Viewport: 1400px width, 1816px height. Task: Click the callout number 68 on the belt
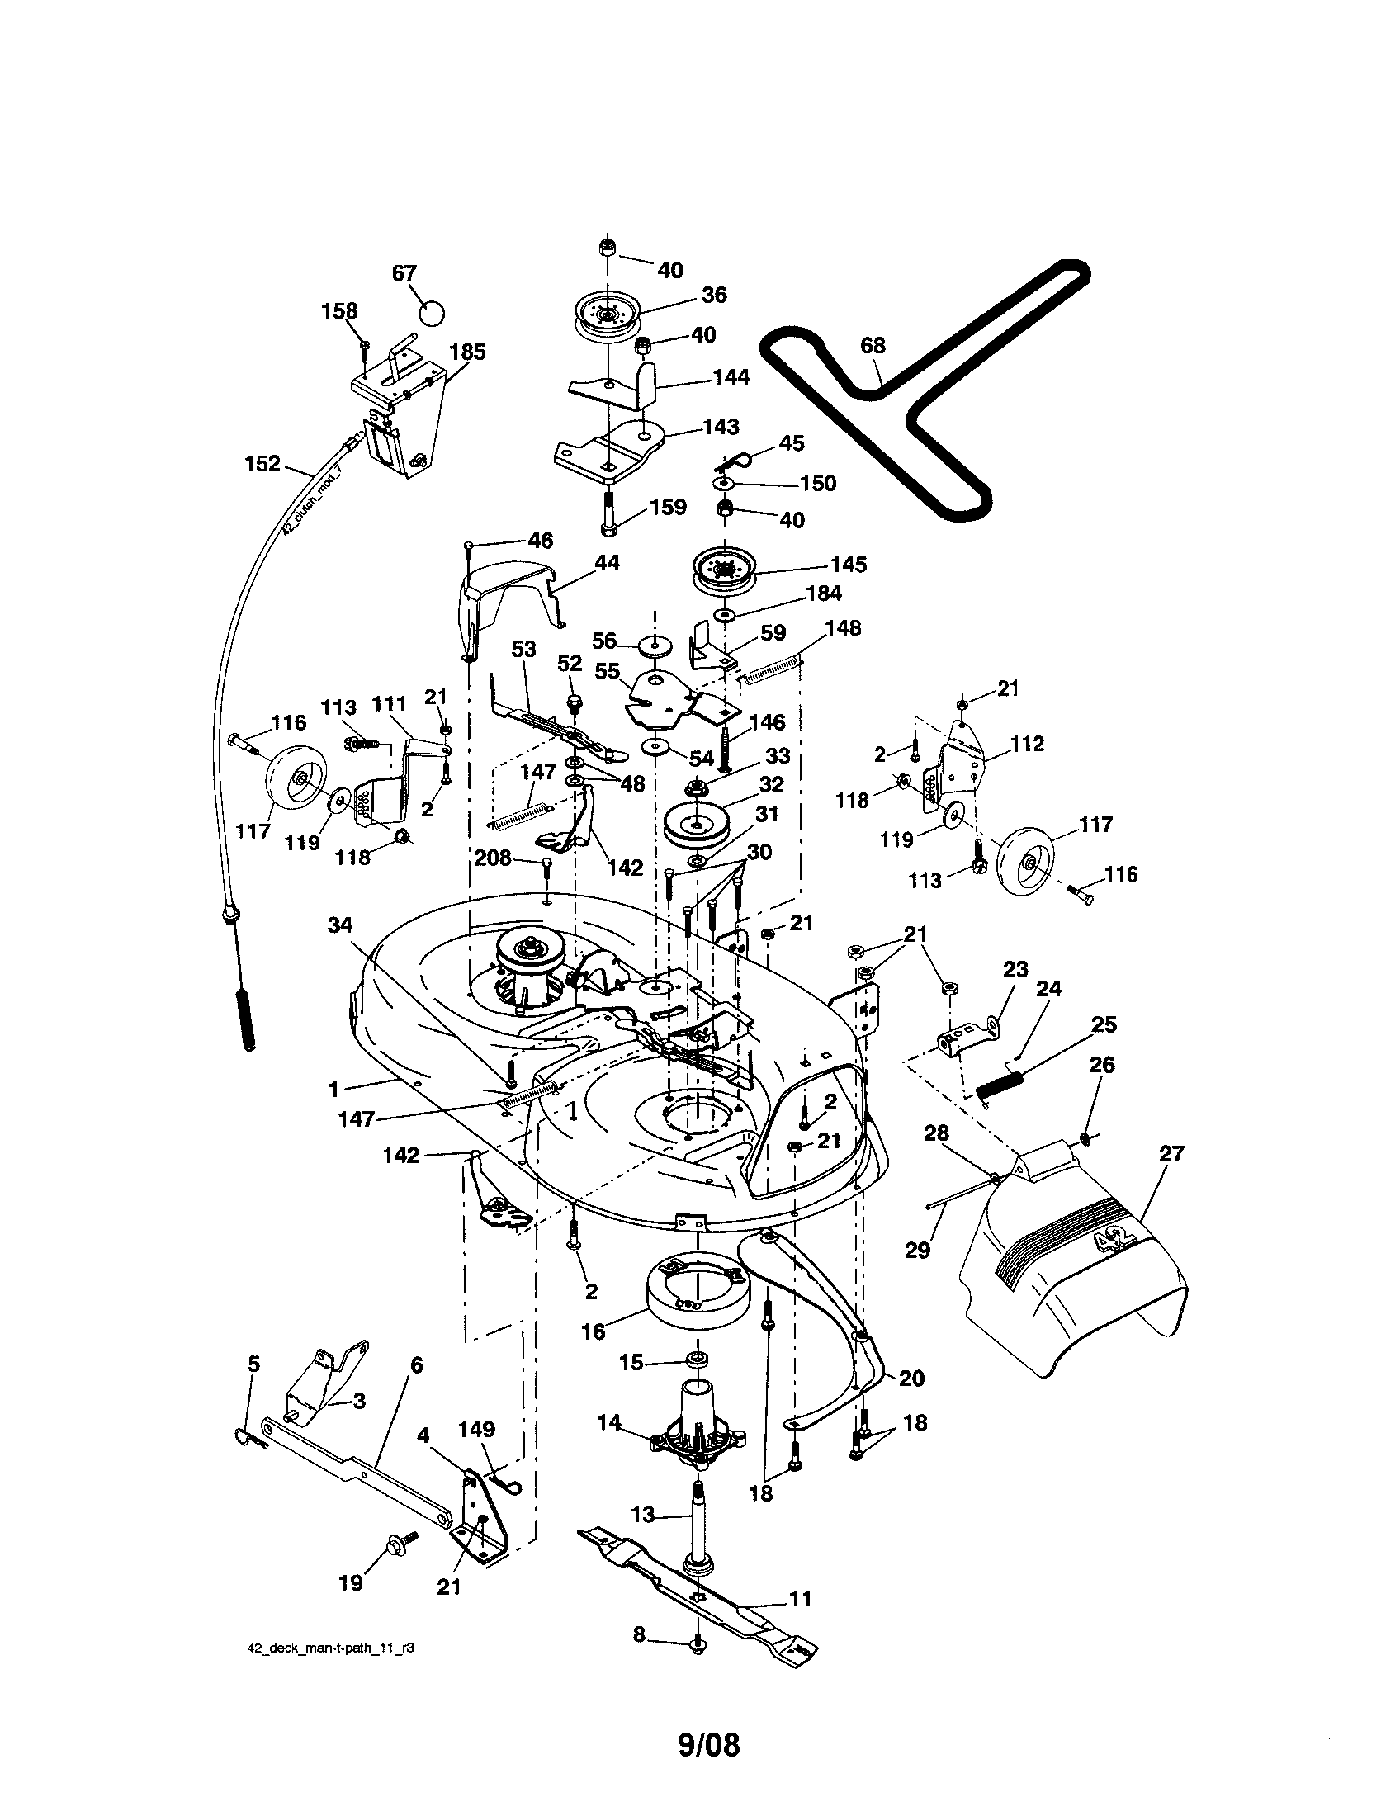tap(872, 345)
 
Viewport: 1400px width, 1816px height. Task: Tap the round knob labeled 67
tap(431, 314)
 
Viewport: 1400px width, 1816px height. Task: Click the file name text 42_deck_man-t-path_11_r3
tap(331, 1650)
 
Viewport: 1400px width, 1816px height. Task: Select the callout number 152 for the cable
tap(262, 463)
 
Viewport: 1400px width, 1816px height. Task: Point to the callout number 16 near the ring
tap(593, 1331)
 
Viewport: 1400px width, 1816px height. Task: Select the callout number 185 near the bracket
tap(467, 352)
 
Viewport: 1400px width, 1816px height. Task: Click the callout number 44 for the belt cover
tap(607, 563)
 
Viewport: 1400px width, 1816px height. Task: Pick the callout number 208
tap(493, 858)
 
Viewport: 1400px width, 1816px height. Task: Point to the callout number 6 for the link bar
tap(417, 1364)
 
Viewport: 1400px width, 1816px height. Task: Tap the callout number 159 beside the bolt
tap(669, 507)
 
